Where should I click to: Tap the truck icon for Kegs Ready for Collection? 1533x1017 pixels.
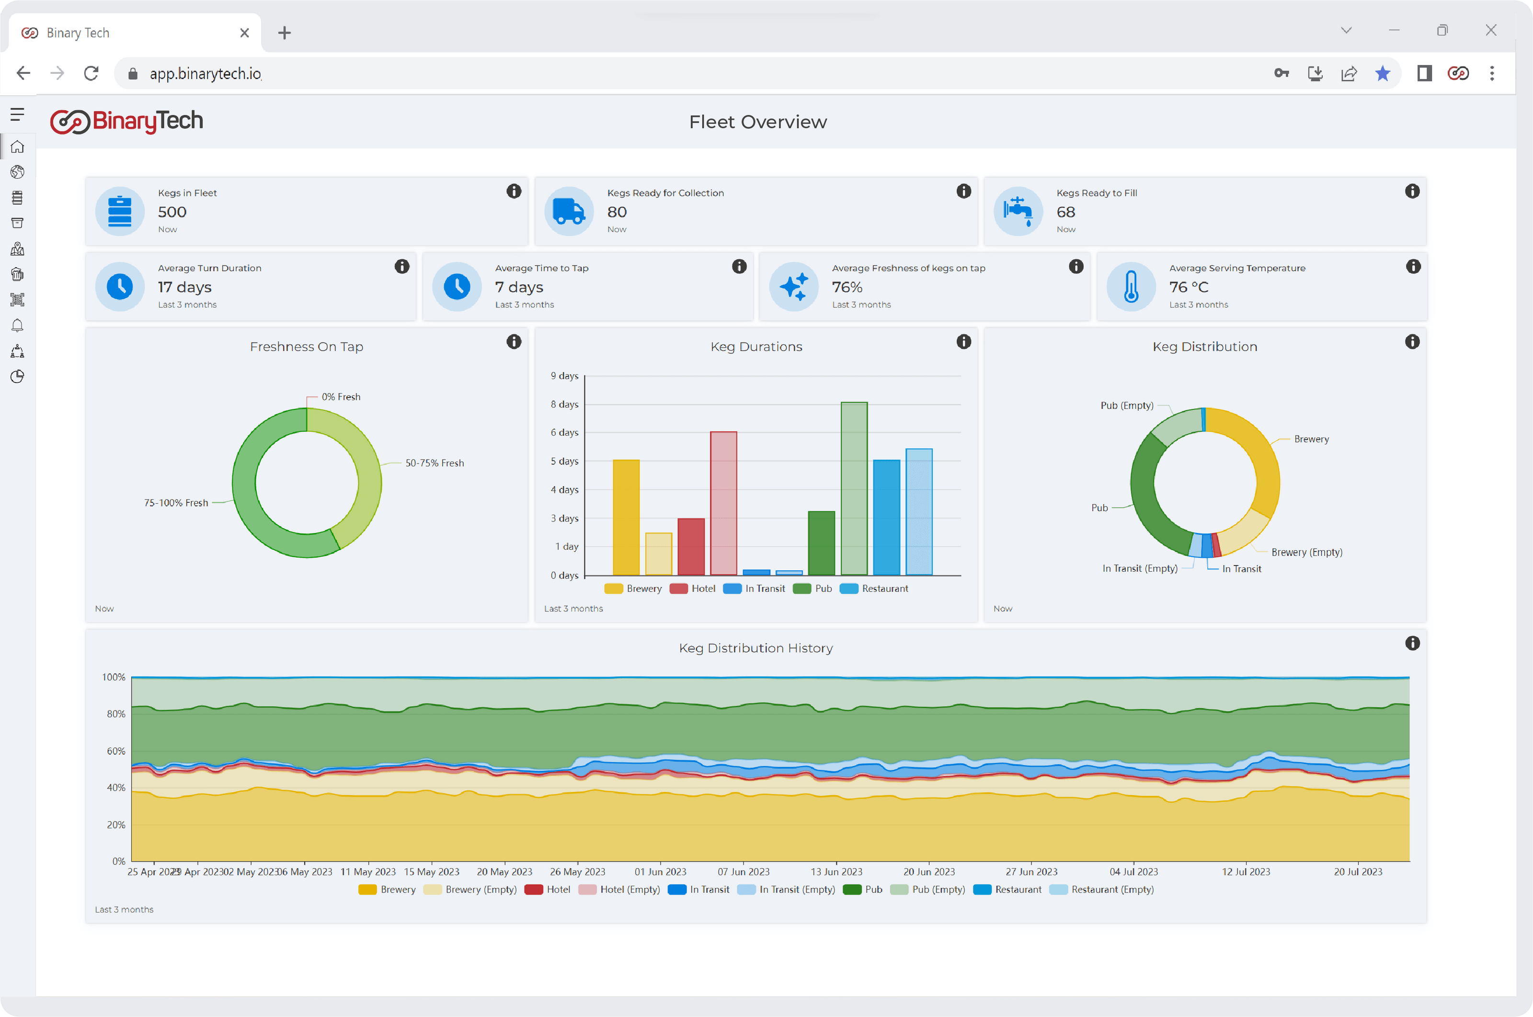[569, 212]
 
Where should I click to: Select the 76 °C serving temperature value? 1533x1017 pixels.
[1189, 287]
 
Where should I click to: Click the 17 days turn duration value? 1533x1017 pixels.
[185, 287]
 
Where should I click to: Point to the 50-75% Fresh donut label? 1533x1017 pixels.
[434, 463]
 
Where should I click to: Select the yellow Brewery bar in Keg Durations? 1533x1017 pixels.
[626, 517]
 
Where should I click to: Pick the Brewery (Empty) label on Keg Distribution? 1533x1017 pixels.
[1306, 553]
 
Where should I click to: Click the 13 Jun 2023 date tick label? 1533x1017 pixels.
[836, 872]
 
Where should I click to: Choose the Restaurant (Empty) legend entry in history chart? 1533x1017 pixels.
[1102, 890]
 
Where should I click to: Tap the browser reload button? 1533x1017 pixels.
[92, 73]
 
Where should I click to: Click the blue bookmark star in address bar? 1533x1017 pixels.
[1383, 73]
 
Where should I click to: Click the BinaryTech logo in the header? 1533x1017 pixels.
[127, 121]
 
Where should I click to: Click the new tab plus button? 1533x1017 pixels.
[284, 33]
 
